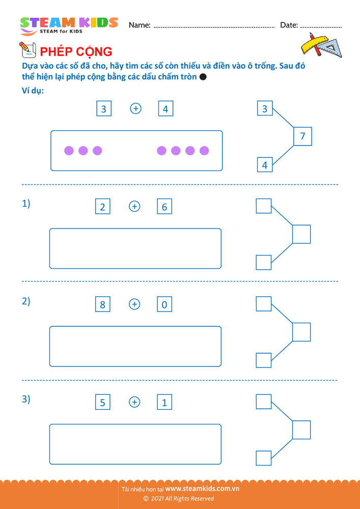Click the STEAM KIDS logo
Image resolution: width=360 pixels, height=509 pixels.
point(69,26)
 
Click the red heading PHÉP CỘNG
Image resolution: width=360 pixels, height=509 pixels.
point(76,51)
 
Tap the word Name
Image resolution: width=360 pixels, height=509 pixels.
point(140,25)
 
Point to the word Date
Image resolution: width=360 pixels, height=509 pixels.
point(289,25)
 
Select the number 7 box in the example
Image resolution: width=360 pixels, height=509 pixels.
point(302,136)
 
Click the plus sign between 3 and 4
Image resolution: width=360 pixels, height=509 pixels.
point(135,108)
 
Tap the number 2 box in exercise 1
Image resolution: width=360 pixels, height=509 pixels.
point(102,207)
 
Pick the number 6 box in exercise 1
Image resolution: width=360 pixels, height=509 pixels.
point(164,207)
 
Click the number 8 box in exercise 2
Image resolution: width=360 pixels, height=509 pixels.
point(102,304)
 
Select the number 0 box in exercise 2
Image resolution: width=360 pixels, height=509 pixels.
point(164,304)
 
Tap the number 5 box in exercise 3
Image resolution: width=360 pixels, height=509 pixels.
point(102,402)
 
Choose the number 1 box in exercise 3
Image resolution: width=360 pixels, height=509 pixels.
point(164,402)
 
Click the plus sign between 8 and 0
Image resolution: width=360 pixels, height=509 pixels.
point(134,304)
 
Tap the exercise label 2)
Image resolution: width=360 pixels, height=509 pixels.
point(26,301)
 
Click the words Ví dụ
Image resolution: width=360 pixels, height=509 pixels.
point(33,91)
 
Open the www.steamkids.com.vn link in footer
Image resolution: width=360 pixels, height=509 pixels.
point(202,489)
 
